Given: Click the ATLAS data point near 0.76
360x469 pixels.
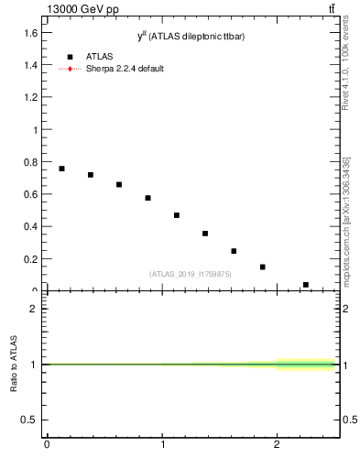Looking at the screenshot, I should coord(61,169).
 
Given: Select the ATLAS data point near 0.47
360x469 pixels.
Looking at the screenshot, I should coord(177,215).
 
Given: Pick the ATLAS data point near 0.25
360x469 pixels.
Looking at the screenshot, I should coord(234,251).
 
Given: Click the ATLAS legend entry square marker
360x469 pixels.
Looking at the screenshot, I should coord(70,57).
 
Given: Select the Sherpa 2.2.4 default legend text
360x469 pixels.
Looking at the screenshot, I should coord(125,69).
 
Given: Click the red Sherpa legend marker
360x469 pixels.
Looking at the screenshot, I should coord(70,69).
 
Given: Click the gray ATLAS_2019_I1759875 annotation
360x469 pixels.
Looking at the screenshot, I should coord(191,274).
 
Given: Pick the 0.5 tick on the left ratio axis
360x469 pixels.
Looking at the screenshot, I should coord(31,420).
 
